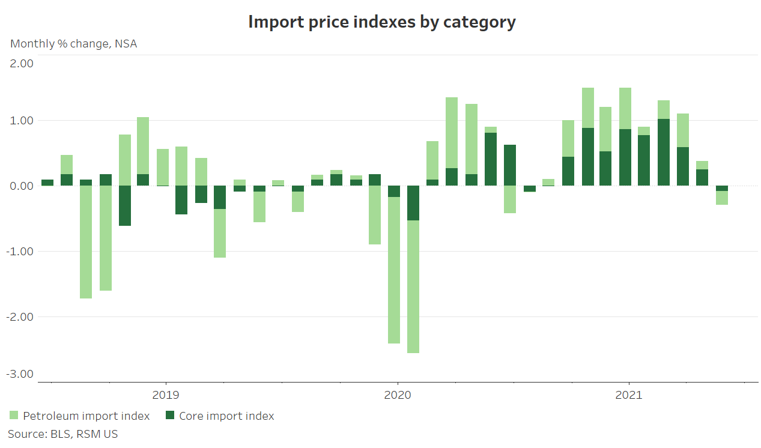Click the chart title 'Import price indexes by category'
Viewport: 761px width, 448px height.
pos(381,22)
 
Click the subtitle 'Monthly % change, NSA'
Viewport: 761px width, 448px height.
pos(73,44)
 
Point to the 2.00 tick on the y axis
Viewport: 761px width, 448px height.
pos(21,64)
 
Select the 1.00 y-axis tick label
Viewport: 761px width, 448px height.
pos(21,121)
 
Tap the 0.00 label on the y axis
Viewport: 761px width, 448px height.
pos(21,186)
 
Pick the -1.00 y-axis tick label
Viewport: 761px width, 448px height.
pos(20,252)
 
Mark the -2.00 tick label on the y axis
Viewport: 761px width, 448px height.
pos(20,317)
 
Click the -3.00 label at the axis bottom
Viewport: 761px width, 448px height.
pos(20,374)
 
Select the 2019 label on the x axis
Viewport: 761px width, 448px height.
pos(165,395)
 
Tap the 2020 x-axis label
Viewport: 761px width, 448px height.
pos(397,395)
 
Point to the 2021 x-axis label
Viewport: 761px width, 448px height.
pos(628,395)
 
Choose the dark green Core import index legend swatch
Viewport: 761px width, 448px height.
pos(170,416)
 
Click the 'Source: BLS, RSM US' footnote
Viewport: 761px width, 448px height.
pos(63,434)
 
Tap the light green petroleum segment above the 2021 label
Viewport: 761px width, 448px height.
pos(625,108)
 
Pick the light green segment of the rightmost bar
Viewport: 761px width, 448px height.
pos(722,198)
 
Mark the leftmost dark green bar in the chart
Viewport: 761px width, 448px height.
pos(47,183)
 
